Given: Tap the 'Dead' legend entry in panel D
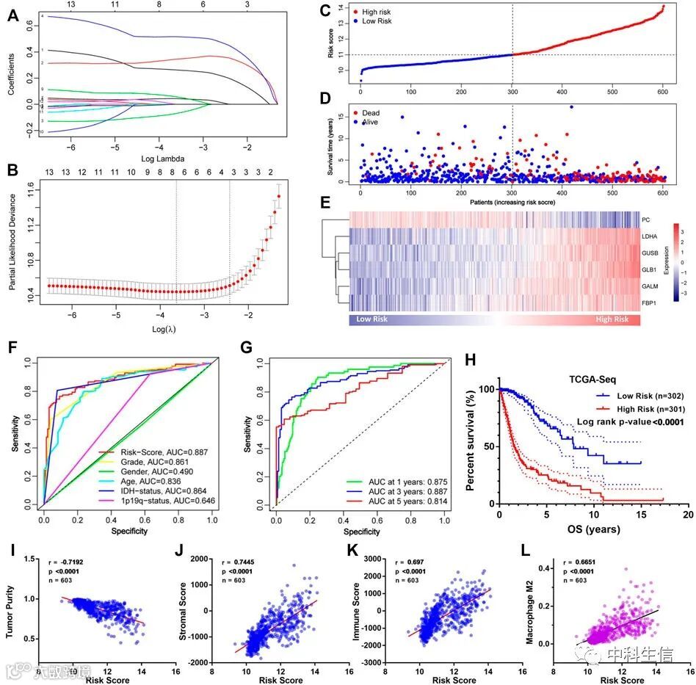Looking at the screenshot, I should click(381, 113).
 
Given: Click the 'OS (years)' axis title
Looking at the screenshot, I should click(589, 529).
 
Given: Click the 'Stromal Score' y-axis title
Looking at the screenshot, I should click(184, 599).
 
